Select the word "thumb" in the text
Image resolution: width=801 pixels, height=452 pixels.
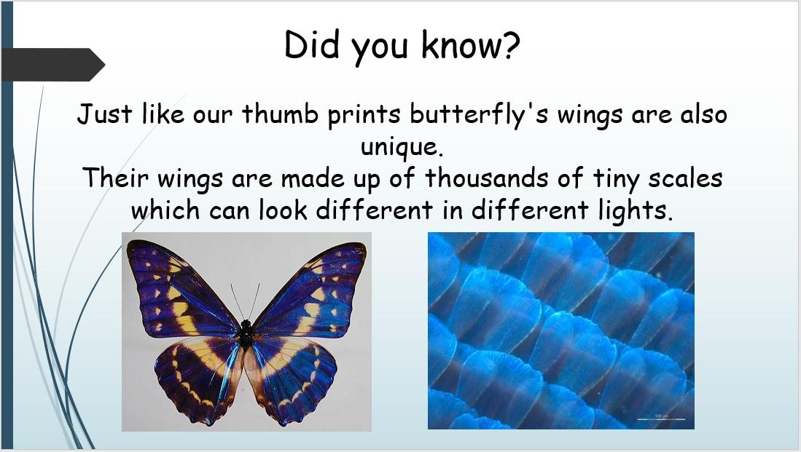pos(279,114)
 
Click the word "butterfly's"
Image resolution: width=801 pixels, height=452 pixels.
pos(479,114)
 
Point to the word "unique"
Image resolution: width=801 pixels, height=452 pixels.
pos(399,148)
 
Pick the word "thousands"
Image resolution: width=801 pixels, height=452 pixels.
pos(486,178)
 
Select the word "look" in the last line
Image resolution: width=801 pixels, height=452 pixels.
pos(283,210)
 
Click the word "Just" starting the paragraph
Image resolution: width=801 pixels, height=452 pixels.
pos(104,114)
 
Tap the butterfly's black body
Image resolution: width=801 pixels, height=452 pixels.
pos(246,333)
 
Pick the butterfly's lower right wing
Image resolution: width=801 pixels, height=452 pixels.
pos(292,378)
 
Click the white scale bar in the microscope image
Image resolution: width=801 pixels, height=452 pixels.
pos(662,419)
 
